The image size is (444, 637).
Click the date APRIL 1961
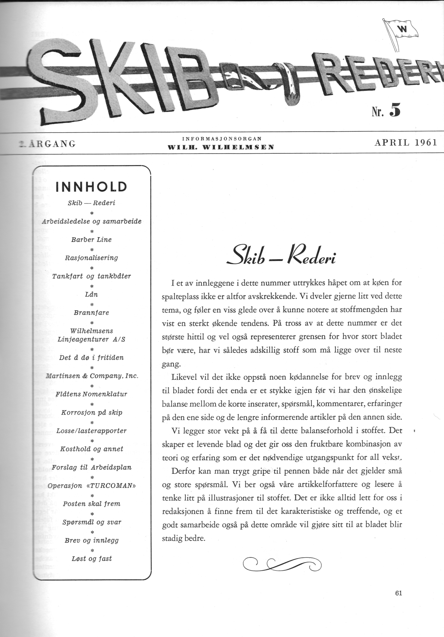tap(406, 143)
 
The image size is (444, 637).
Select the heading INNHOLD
tap(91, 187)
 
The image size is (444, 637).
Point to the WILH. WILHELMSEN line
tap(221, 147)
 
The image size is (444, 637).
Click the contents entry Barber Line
tap(91, 240)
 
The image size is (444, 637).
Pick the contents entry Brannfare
tap(91, 313)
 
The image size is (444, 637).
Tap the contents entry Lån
tap(91, 294)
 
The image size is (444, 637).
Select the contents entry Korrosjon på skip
tap(91, 413)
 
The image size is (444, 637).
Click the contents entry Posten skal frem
tap(91, 504)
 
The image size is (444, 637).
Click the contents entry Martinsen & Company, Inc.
tap(91, 376)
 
